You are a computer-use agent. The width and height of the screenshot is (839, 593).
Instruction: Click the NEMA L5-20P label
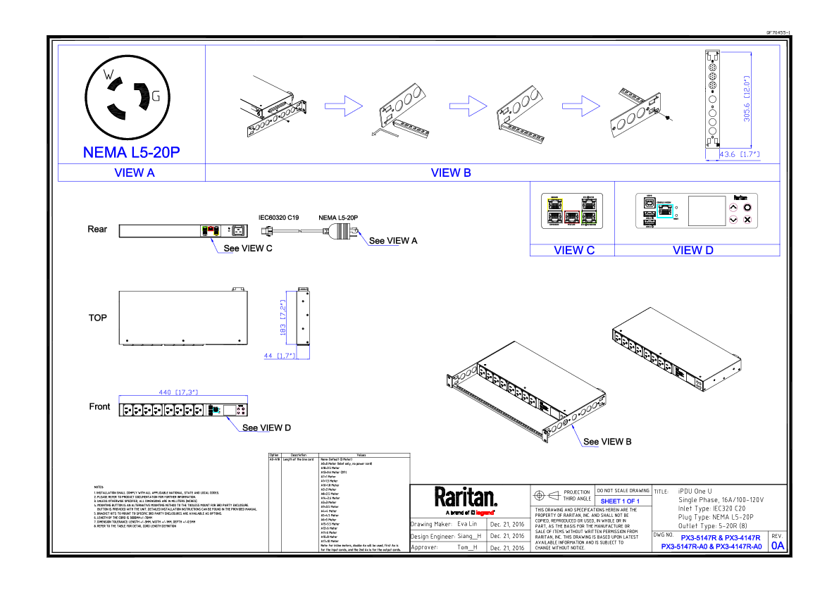click(x=132, y=152)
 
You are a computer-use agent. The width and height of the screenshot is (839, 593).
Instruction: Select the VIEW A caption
click(x=135, y=173)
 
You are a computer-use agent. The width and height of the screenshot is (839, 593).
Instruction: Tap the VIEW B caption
click(x=452, y=173)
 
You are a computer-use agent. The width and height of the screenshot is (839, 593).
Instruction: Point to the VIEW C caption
click(x=574, y=250)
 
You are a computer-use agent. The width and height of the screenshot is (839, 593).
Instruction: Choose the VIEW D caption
click(x=693, y=250)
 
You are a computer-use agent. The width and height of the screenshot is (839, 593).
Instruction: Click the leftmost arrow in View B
click(x=344, y=106)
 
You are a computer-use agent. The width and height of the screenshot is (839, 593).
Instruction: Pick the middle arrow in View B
click(x=468, y=106)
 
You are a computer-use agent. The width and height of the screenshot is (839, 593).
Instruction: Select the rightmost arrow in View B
click(x=581, y=106)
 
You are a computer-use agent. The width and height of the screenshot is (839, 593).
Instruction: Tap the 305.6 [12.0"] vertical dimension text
click(x=747, y=99)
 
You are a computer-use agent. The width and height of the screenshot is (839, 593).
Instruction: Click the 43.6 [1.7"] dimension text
click(x=739, y=154)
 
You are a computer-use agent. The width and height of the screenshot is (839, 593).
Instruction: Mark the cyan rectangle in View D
click(x=665, y=211)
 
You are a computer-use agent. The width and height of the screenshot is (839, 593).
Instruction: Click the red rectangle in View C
click(x=572, y=217)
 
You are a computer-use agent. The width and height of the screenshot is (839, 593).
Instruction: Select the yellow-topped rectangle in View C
click(x=555, y=211)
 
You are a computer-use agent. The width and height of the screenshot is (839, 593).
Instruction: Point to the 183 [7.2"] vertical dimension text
click(x=283, y=318)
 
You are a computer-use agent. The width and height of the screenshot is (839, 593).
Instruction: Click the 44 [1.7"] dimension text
click(x=279, y=356)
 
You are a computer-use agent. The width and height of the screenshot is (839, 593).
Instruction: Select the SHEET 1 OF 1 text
click(x=620, y=501)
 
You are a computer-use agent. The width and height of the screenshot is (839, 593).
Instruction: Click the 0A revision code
click(x=778, y=546)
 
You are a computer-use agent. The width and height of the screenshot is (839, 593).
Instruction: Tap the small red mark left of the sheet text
click(x=485, y=513)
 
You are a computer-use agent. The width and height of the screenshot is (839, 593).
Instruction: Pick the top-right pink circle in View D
click(x=747, y=207)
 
